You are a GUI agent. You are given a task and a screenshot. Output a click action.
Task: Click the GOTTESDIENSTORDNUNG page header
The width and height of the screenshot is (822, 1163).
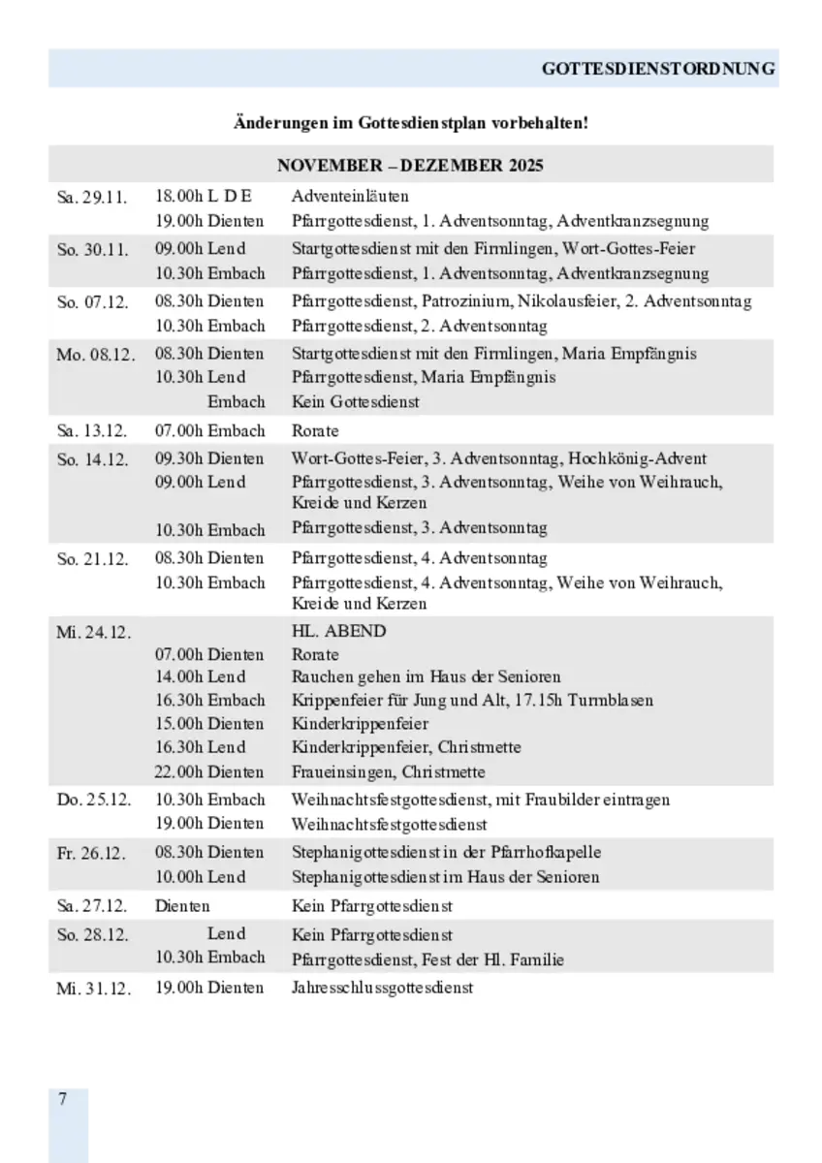(658, 69)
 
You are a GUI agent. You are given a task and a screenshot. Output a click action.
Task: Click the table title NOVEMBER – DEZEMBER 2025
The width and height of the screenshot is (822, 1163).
(410, 165)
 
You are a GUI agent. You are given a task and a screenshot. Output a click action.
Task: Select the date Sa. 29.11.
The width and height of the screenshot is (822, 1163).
(92, 197)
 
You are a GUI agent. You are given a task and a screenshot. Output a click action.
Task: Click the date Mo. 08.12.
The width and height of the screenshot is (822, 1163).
(95, 355)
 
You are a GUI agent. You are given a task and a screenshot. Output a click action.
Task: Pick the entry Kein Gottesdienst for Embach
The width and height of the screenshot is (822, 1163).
(356, 401)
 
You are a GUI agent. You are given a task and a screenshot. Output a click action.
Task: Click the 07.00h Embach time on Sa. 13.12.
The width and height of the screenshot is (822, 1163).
(209, 430)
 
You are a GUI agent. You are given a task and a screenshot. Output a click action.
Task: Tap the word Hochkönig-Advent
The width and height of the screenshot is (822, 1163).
(637, 458)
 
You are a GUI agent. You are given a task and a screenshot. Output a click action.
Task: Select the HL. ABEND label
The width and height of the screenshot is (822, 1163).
(338, 631)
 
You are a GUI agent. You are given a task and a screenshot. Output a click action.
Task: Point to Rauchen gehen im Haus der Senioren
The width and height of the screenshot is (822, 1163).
(426, 676)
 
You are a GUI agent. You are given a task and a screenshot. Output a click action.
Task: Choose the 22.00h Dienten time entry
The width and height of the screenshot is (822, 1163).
(209, 772)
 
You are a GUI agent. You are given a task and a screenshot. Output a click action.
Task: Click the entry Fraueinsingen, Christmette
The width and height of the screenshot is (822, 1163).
(389, 772)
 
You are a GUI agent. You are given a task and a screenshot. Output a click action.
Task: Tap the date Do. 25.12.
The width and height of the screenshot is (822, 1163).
(94, 801)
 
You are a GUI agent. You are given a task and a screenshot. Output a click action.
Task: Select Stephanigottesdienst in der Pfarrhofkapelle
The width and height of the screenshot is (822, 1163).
(446, 853)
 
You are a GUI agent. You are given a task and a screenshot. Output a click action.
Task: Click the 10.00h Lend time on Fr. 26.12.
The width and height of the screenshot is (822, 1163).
(201, 877)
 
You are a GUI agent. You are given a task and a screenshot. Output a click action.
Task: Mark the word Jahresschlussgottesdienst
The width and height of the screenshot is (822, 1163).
(382, 988)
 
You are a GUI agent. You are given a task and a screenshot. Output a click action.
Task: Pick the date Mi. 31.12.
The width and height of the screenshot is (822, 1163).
(93, 989)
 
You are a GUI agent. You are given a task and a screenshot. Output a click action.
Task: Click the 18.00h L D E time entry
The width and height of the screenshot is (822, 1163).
(203, 197)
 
